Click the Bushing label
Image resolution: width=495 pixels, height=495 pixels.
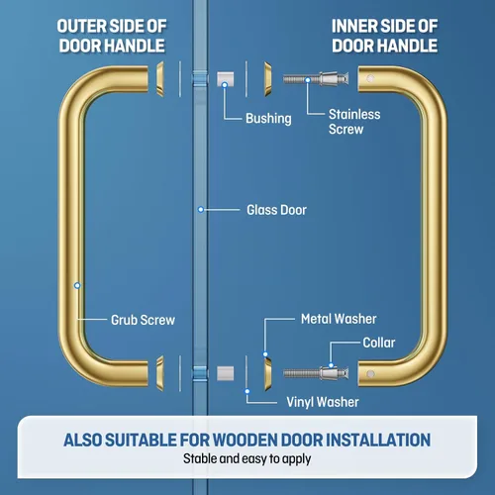(268, 119)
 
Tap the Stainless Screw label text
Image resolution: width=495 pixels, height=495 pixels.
(354, 122)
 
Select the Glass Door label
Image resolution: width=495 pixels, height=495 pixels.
(276, 210)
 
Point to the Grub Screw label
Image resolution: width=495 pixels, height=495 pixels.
(143, 320)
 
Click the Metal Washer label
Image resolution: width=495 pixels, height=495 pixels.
(339, 319)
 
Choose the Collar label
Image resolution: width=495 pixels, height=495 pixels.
(379, 343)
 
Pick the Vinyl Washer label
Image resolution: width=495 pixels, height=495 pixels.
(323, 402)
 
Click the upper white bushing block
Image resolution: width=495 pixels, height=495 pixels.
(226, 79)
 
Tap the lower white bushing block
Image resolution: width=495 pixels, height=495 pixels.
(226, 373)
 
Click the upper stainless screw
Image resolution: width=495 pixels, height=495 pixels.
(316, 79)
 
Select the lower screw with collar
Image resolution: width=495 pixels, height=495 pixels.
(316, 373)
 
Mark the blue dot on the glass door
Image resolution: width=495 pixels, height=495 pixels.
(201, 210)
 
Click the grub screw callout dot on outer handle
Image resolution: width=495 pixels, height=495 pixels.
(77, 285)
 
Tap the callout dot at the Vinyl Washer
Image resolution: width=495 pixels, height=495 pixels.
(247, 391)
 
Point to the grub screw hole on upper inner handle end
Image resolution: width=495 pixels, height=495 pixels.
(370, 78)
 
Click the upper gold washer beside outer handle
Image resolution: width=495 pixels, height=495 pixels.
(160, 79)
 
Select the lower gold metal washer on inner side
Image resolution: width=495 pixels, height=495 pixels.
(268, 373)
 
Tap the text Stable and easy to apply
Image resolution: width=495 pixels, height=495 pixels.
(247, 459)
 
